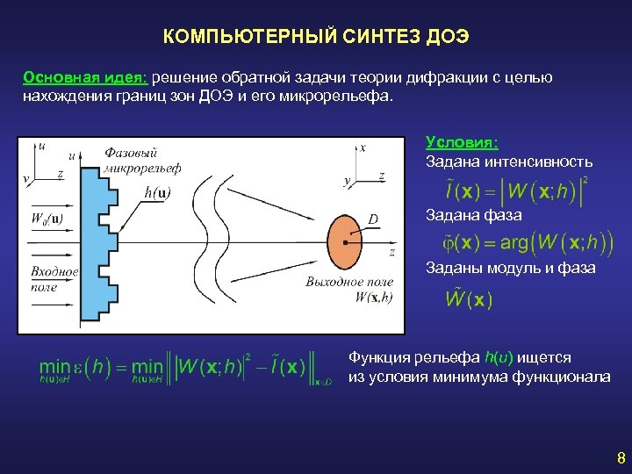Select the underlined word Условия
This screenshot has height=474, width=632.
tap(462, 142)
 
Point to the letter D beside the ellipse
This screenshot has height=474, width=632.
tap(373, 219)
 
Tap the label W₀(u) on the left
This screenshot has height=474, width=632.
tap(47, 218)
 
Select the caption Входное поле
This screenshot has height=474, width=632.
tap(54, 279)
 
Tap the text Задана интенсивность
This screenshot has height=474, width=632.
tap(509, 162)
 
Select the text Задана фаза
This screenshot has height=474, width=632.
tap(473, 215)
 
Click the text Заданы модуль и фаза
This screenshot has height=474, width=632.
tap(510, 269)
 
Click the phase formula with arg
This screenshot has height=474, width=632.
tap(518, 241)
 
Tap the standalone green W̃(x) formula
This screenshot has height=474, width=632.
tap(469, 299)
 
